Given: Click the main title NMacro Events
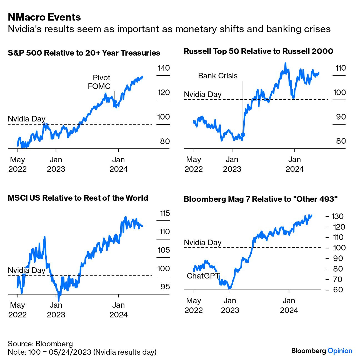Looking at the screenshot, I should point(44,17).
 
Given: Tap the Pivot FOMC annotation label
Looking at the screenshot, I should point(99,82).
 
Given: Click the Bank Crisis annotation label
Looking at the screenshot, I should point(218,76).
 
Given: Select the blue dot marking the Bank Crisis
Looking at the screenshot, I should point(243,135).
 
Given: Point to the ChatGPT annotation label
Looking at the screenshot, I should point(203,276).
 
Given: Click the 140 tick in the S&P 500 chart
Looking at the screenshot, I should point(164,68).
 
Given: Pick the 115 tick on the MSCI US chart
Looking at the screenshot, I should point(165,213).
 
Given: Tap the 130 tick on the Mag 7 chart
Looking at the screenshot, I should point(337,216).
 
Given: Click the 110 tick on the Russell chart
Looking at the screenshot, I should point(341,68).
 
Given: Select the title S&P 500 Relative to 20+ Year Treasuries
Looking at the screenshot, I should point(84,53).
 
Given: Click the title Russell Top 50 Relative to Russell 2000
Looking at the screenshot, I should point(258,51).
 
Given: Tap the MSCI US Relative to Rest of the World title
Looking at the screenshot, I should point(78,198).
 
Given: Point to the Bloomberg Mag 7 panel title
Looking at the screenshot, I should point(261,199).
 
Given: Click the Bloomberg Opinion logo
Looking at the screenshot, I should point(322,351).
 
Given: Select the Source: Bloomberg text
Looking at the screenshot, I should point(40,344).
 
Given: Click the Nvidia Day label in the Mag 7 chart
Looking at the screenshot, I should point(203,243).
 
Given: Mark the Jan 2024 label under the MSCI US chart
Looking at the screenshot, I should point(119,310).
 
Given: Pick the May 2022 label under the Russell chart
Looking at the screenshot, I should point(194,164).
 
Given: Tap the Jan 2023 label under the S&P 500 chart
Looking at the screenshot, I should point(56,164).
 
